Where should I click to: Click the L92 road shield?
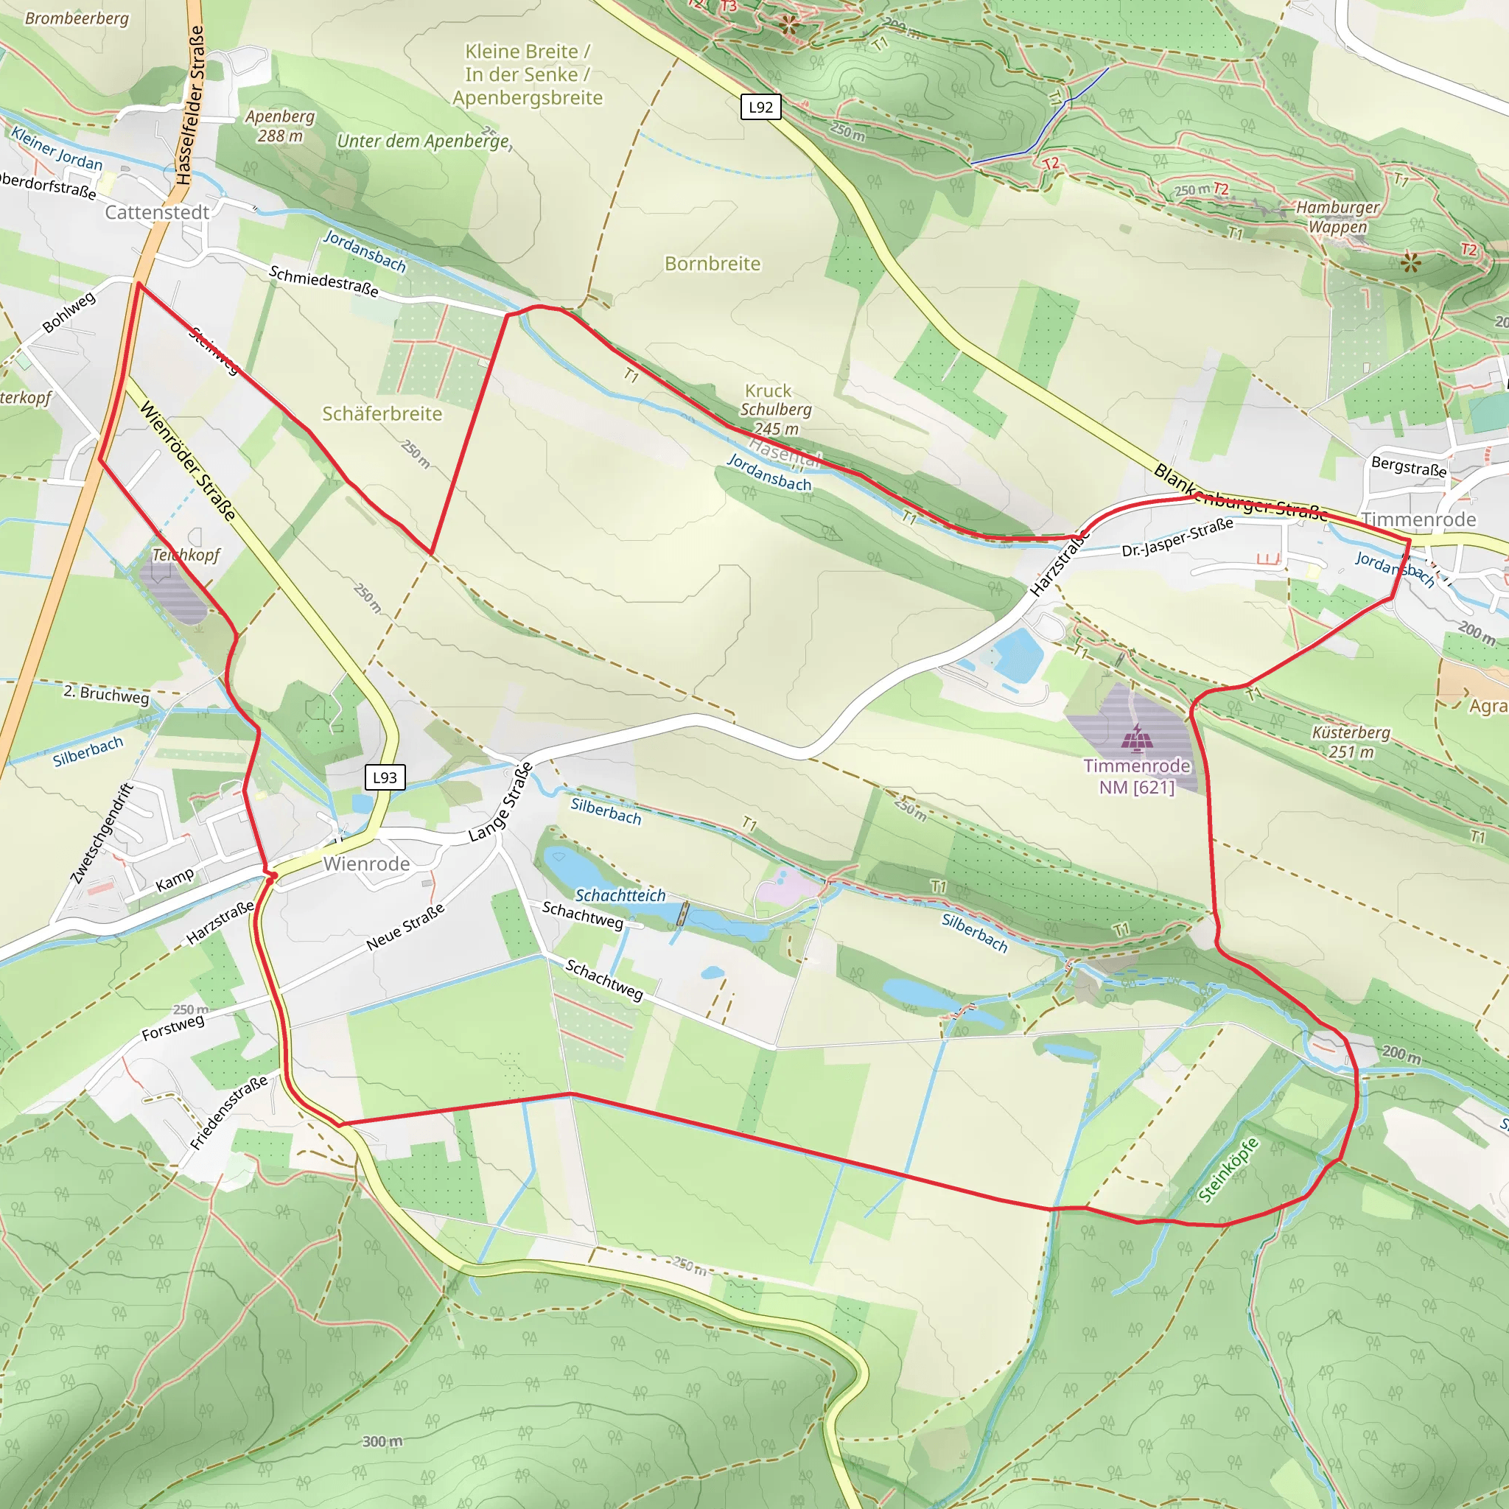tap(760, 107)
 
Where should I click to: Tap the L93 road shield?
tap(385, 777)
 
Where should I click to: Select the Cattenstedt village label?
tap(157, 212)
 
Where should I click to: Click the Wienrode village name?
tap(366, 864)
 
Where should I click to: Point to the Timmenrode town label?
tap(1418, 519)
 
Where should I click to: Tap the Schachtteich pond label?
tap(620, 895)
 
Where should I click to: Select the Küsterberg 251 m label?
tap(1351, 742)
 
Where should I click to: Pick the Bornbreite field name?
tap(713, 264)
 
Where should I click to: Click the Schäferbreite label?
tap(382, 414)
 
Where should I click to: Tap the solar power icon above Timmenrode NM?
tap(1132, 738)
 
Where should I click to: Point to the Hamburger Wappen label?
tap(1337, 217)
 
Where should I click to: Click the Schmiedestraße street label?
tap(323, 281)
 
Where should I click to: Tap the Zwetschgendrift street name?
tap(102, 833)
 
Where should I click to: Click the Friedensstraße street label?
tap(229, 1113)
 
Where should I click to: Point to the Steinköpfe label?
tap(1228, 1170)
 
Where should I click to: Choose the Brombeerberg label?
tap(77, 18)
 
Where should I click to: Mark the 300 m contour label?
tap(382, 1441)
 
